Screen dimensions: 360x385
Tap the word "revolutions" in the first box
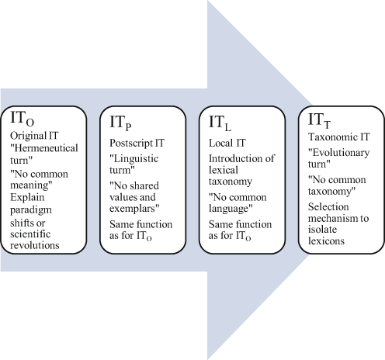pos(36,247)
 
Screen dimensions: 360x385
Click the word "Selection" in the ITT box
pos(329,207)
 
